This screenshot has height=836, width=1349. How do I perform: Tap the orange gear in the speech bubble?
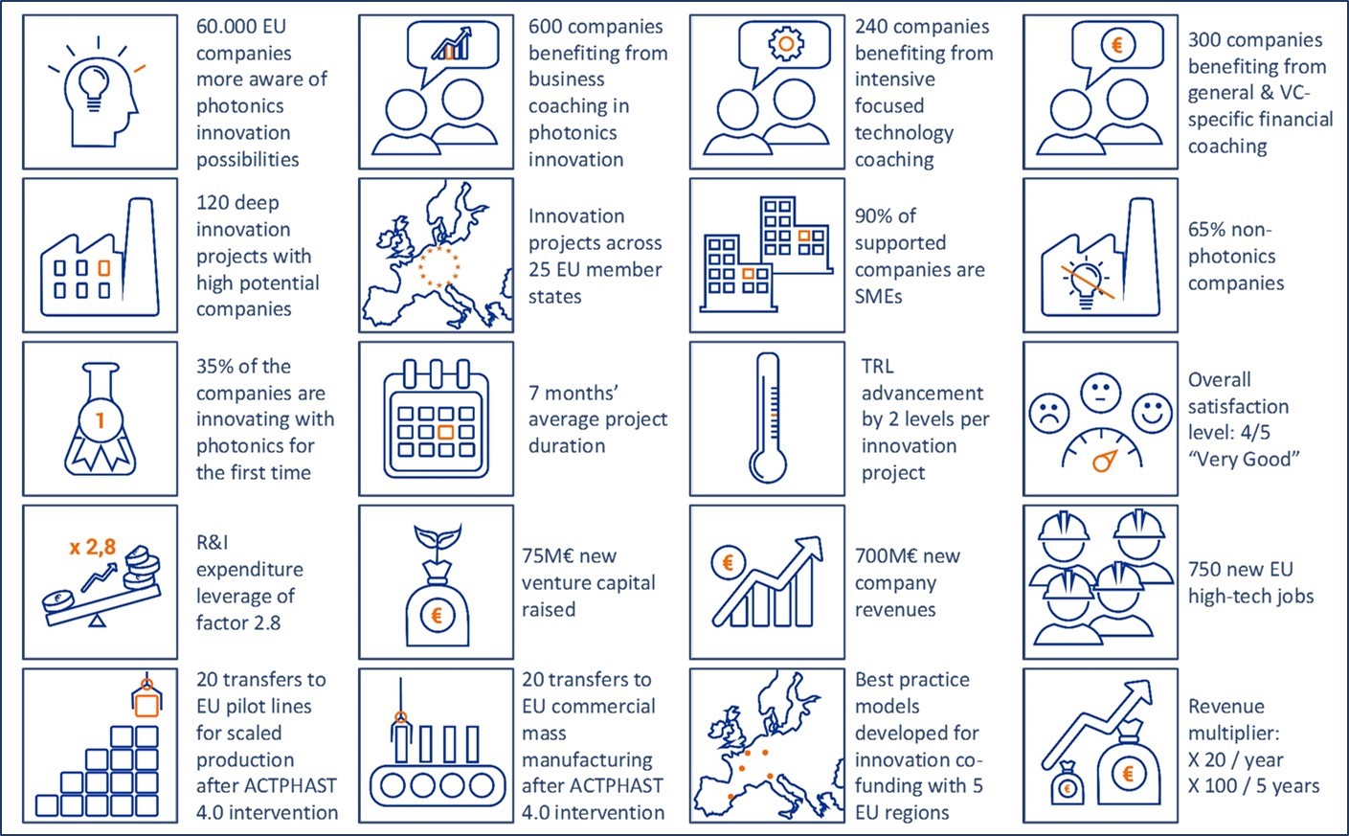click(786, 43)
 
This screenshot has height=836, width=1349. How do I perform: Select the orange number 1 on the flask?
click(100, 419)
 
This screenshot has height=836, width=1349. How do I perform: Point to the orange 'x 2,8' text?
click(93, 547)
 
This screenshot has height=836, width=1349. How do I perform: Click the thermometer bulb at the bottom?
click(768, 465)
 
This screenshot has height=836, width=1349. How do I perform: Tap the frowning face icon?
click(1049, 414)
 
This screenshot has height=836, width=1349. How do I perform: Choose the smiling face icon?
click(1152, 413)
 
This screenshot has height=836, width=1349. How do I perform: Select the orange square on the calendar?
click(445, 432)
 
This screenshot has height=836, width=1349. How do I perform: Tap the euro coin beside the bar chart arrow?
click(728, 562)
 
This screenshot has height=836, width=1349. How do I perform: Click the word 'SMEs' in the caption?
click(878, 296)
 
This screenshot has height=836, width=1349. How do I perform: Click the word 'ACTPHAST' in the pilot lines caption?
click(298, 786)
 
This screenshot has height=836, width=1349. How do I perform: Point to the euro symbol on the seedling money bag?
click(438, 615)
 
